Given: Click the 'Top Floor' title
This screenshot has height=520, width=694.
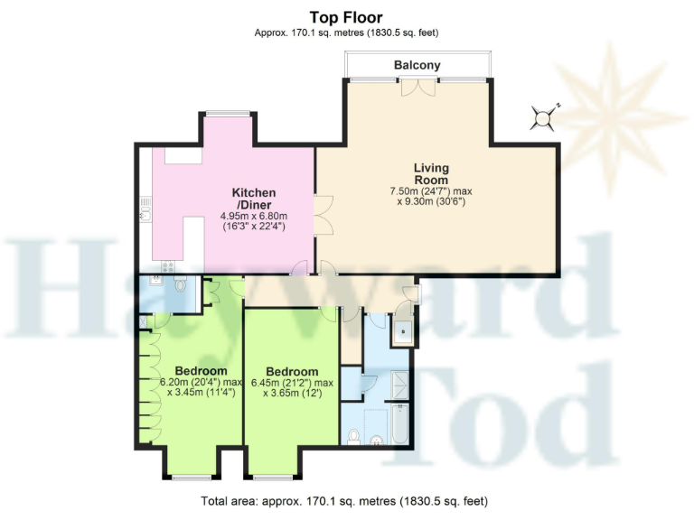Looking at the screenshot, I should point(346,17).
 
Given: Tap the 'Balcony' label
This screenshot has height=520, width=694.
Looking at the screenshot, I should point(417,65).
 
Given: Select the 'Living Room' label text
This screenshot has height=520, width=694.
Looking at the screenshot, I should point(431,174).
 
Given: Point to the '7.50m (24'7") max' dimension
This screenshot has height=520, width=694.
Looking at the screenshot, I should point(431,191).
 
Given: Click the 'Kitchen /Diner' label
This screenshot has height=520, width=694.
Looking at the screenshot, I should point(254,199).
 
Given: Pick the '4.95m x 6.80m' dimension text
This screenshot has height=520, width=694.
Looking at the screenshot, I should point(253,216).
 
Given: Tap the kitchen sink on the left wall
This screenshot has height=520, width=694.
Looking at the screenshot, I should point(145,215).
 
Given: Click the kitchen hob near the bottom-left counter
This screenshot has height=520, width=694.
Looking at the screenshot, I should point(166,264).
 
